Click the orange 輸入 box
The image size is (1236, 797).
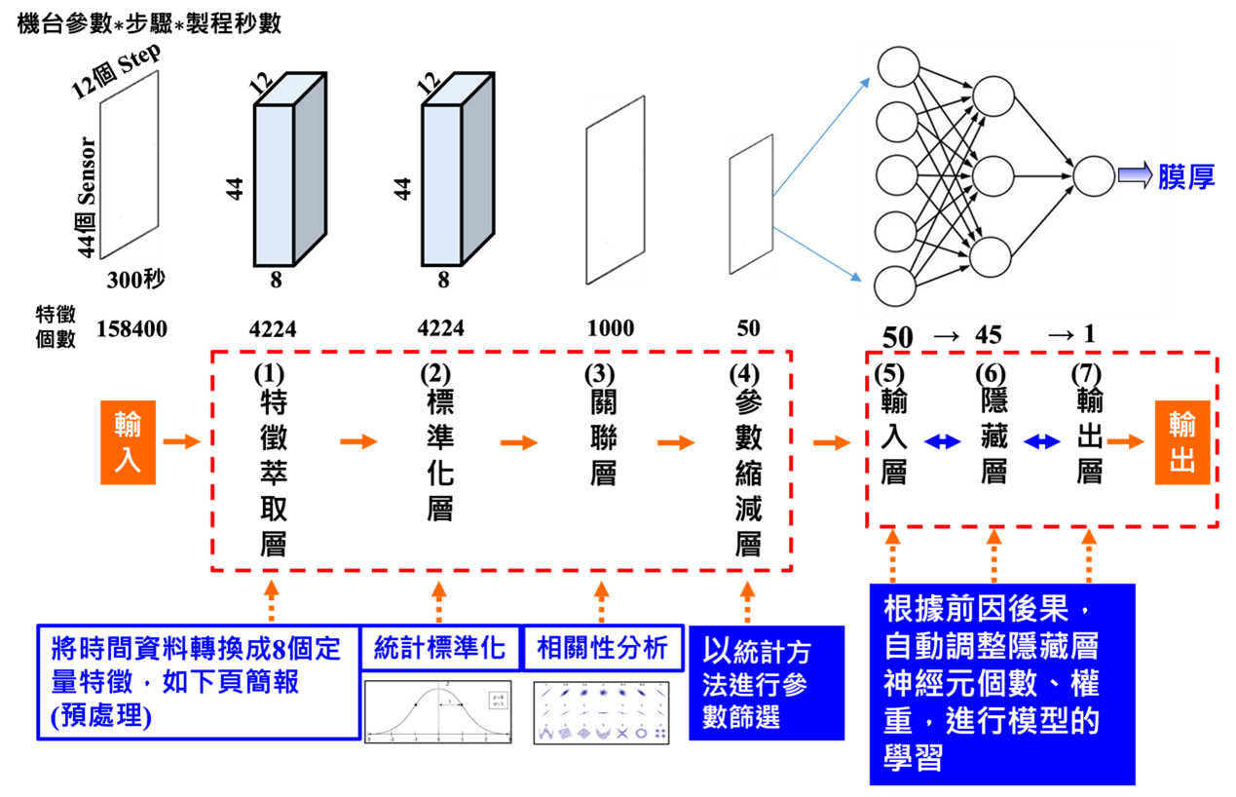[x=128, y=442]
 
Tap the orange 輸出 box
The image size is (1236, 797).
[x=1182, y=442]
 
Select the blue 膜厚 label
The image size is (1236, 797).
[x=1186, y=177]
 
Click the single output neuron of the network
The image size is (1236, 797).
[x=1093, y=176]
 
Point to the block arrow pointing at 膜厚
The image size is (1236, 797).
[x=1135, y=176]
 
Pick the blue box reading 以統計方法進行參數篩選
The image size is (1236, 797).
[x=766, y=683]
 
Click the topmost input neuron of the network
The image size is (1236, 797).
[x=897, y=67]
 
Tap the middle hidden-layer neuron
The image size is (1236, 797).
[x=993, y=176]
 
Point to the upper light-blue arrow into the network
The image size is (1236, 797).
[x=822, y=137]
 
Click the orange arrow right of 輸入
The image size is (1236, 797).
[x=181, y=442]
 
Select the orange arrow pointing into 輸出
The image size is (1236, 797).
[x=1125, y=442]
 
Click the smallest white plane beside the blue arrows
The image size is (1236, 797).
[x=751, y=205]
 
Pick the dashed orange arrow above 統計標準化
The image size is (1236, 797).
[x=439, y=601]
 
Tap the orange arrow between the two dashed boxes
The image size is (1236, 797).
[x=831, y=442]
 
